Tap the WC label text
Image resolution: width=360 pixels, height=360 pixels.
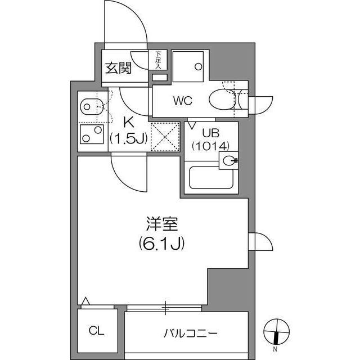point(183,101)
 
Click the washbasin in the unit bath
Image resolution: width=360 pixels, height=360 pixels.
point(228,161)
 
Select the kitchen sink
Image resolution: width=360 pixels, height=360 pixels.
point(90,105)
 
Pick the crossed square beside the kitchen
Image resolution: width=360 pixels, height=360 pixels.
point(165,137)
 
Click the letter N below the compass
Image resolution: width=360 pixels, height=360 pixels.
point(275,350)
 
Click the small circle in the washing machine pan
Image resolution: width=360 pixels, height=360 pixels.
point(197,66)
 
